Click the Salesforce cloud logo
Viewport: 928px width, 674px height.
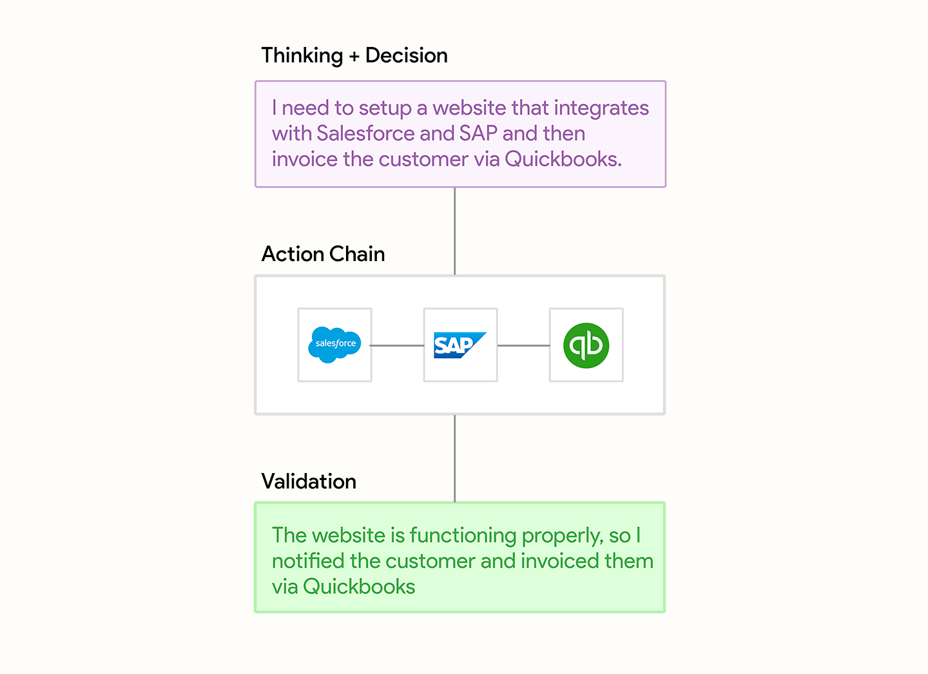[x=334, y=345]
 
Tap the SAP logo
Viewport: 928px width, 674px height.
[x=460, y=345]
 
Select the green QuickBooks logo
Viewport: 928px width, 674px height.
[x=586, y=345]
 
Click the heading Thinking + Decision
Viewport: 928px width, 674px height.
[x=354, y=56]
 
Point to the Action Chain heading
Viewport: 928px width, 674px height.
[x=323, y=253]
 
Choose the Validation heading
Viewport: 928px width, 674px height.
[x=309, y=481]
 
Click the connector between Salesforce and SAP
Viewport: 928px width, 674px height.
[x=397, y=345]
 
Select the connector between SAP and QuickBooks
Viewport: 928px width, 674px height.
[x=524, y=345]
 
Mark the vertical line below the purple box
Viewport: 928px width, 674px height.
[x=454, y=231]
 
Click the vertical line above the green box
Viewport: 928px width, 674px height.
[x=454, y=459]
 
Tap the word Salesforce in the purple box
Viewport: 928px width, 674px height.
[x=365, y=133]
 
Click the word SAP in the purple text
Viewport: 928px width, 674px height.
[x=478, y=133]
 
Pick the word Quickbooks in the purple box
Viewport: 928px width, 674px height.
[x=563, y=159]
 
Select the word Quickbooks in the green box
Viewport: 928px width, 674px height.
[x=359, y=586]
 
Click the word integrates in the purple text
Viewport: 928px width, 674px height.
[x=601, y=108]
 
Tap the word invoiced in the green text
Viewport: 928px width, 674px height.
[x=559, y=561]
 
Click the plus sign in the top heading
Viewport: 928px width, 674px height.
[x=354, y=57]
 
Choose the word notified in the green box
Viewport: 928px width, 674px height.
[x=308, y=561]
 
